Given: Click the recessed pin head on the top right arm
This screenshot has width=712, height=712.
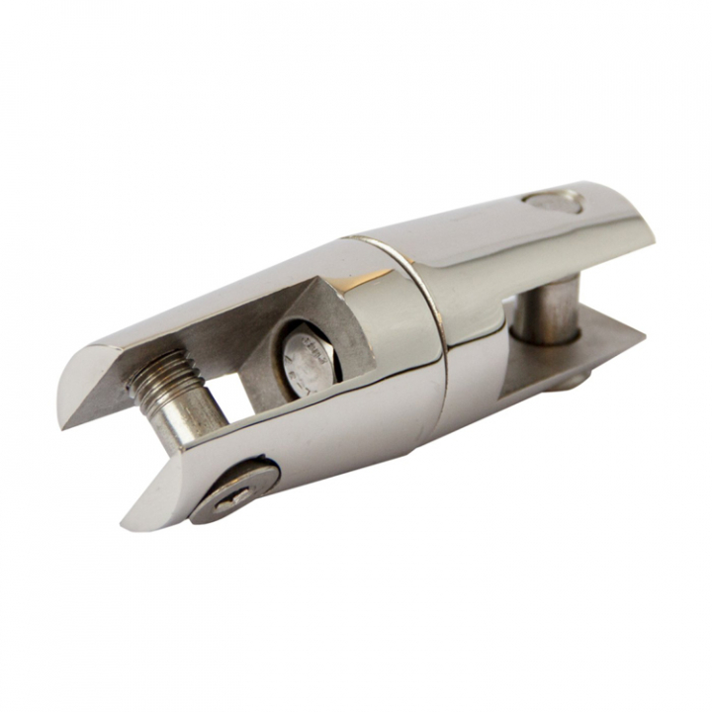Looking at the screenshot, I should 553,202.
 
